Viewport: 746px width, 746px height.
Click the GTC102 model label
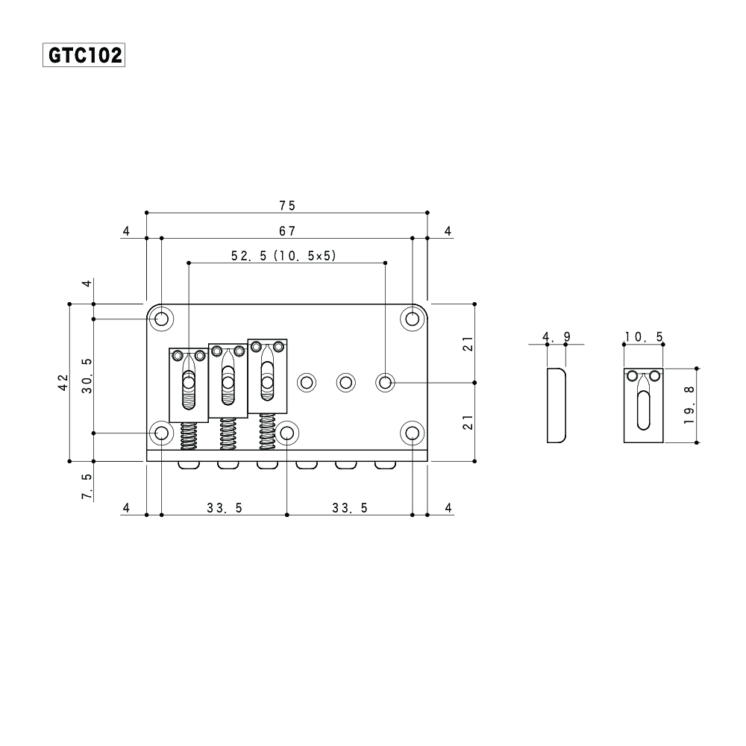coord(84,55)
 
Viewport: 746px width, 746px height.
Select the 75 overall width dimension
coord(287,205)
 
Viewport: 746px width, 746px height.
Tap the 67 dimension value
coord(287,231)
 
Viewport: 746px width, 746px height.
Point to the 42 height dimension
coord(64,382)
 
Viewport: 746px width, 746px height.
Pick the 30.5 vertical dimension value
coord(87,377)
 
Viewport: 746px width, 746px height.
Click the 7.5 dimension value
coord(87,486)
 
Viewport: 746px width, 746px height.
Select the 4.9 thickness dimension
coord(557,337)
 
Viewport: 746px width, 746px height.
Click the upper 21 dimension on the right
coord(468,343)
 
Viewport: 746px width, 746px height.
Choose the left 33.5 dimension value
coord(225,508)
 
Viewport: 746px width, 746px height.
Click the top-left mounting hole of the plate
coord(161,319)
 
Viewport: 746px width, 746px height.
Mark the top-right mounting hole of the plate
coord(412,319)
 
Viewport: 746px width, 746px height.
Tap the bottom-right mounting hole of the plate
coord(412,433)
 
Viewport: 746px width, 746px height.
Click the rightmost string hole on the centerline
coord(385,383)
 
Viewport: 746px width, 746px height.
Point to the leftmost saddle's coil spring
coord(189,436)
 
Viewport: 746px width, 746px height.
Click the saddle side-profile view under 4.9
coord(557,405)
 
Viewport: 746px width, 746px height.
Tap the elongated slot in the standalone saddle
coord(643,407)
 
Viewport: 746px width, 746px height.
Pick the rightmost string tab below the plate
coord(385,466)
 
